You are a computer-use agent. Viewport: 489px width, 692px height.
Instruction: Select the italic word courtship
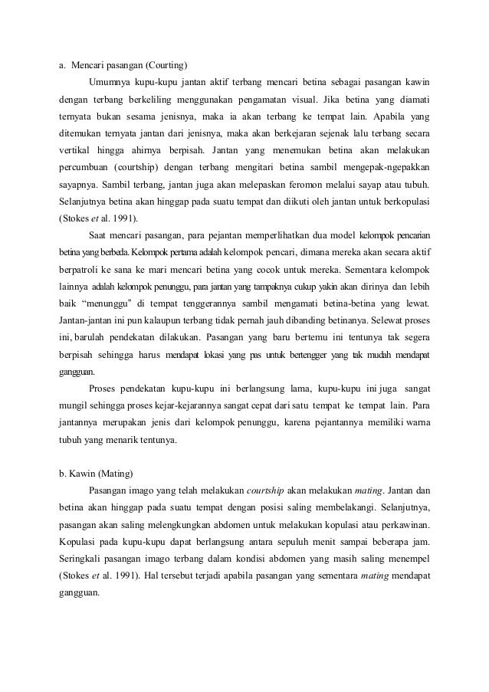click(271, 490)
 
